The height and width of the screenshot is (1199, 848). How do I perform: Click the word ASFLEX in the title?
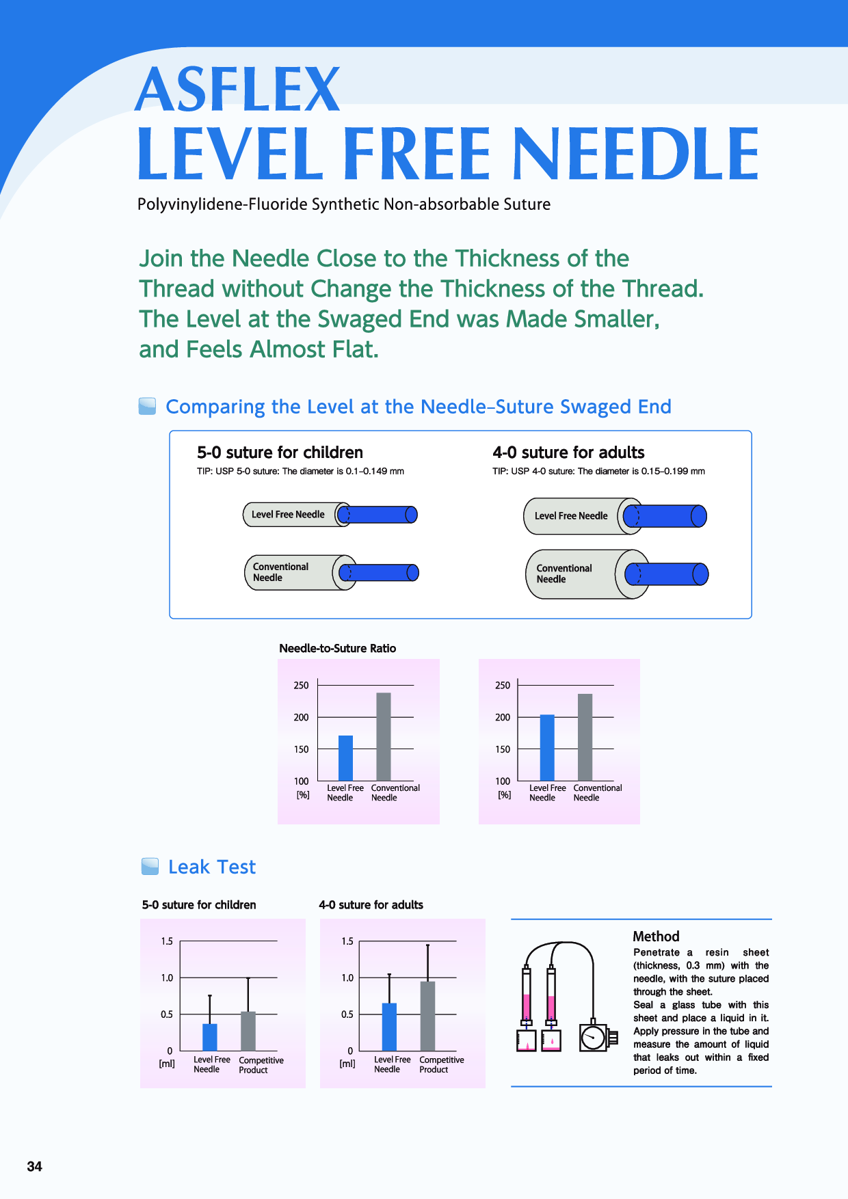click(x=237, y=90)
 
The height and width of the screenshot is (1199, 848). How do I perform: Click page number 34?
click(x=35, y=1166)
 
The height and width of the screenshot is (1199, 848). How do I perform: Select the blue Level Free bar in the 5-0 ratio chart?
click(x=346, y=758)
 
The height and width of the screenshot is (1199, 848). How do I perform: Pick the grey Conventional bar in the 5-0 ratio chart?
click(x=384, y=737)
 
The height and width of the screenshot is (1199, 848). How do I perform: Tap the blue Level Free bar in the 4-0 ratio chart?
click(x=547, y=747)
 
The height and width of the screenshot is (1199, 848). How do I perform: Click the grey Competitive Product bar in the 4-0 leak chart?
click(x=427, y=1016)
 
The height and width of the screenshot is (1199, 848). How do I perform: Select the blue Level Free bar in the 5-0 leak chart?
click(x=210, y=1037)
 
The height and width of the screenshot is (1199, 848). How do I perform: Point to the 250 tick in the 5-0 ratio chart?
click(x=301, y=685)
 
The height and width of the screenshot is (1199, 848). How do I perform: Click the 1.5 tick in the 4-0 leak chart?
click(x=347, y=941)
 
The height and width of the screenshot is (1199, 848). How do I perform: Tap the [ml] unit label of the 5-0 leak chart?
click(x=167, y=1064)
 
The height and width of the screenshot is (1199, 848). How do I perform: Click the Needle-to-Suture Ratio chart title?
click(x=337, y=648)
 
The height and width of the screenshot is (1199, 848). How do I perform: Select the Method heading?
click(x=656, y=937)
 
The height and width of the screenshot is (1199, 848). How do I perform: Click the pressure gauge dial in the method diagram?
click(x=592, y=1038)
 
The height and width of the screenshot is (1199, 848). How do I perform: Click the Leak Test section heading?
click(x=212, y=867)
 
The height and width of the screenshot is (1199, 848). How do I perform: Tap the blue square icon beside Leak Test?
click(x=150, y=867)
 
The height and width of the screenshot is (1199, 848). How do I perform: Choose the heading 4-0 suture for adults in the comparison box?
click(x=568, y=453)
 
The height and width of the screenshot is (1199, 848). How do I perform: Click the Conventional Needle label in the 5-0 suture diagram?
click(x=280, y=572)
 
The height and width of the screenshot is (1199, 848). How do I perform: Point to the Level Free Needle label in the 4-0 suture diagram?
click(x=571, y=516)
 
